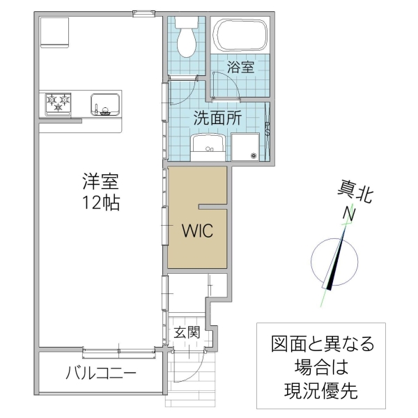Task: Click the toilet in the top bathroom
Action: pyautogui.click(x=187, y=41)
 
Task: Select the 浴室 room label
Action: pyautogui.click(x=241, y=68)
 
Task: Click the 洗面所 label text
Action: pyautogui.click(x=217, y=118)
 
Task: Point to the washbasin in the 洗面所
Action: pyautogui.click(x=208, y=147)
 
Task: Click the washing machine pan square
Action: pyautogui.click(x=245, y=147)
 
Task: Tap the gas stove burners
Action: pyautogui.click(x=59, y=104)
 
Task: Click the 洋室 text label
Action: pyautogui.click(x=101, y=183)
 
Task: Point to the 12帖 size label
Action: pyautogui.click(x=101, y=203)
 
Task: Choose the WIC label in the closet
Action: pyautogui.click(x=198, y=231)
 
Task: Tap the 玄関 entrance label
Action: pyautogui.click(x=187, y=332)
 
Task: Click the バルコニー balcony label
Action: pyautogui.click(x=102, y=373)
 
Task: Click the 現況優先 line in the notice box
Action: pyautogui.click(x=322, y=389)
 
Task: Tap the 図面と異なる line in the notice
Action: pyautogui.click(x=322, y=343)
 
